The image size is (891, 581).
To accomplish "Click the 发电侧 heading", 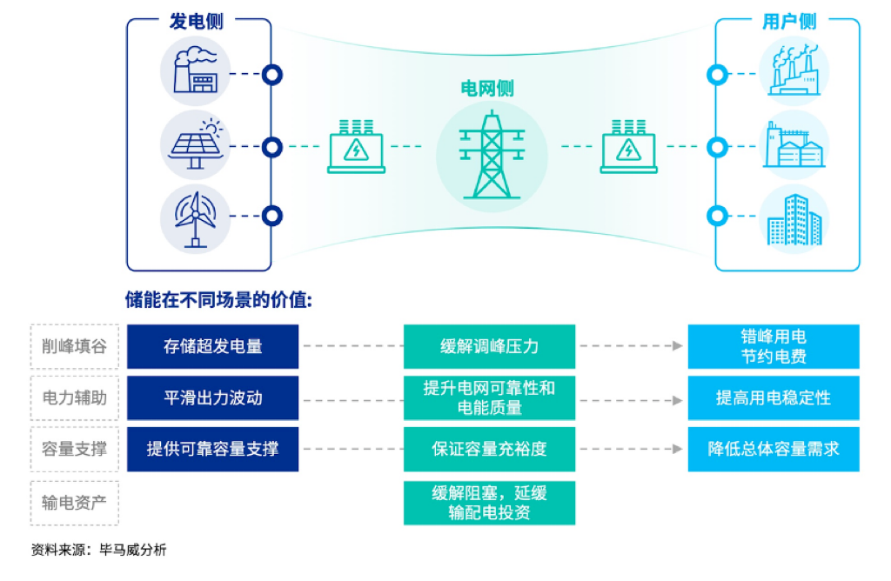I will [x=196, y=21].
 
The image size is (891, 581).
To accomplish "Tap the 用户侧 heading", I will [x=789, y=21].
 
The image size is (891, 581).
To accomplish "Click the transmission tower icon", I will [x=492, y=155].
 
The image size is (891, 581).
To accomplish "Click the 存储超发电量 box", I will [x=212, y=346].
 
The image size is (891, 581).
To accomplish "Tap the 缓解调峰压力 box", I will [x=489, y=346].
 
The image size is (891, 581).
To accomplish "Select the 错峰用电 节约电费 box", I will [x=773, y=346].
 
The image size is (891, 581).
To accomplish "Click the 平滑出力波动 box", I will [x=212, y=397].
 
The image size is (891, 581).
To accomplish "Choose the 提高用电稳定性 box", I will [x=773, y=397].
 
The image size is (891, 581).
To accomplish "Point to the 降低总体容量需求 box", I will [x=773, y=449].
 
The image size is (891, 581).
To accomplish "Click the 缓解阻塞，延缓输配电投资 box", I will [x=489, y=502].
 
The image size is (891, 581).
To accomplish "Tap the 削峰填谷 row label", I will [x=74, y=346].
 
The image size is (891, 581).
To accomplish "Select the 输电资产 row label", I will [x=74, y=502].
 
